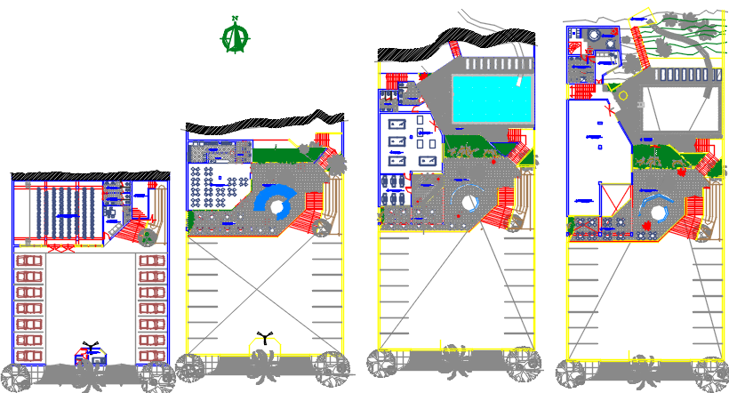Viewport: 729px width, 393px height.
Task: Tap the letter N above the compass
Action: pos(235,18)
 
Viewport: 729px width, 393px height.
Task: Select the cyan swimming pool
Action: pos(493,99)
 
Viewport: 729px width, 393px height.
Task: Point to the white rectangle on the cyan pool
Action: pos(519,81)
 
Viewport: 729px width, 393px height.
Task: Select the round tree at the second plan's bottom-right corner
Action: pos(332,367)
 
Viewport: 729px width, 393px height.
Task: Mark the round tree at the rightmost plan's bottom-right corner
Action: pos(711,373)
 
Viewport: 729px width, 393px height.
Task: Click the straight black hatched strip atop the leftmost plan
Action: pos(89,176)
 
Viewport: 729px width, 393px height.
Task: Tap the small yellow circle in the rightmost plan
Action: pos(622,95)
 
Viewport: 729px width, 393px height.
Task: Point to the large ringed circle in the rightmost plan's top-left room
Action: pos(593,35)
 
